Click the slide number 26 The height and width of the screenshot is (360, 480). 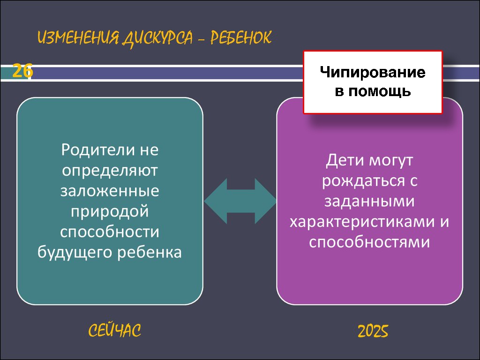pyautogui.click(x=22, y=71)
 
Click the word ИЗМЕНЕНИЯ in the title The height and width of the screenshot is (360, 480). pyautogui.click(x=78, y=38)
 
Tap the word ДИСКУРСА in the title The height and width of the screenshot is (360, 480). pyautogui.click(x=157, y=38)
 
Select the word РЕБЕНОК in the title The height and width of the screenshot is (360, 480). pyautogui.click(x=240, y=37)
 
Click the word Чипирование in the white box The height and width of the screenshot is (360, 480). pyautogui.click(x=373, y=73)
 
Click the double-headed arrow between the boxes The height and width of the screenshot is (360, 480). pyautogui.click(x=240, y=201)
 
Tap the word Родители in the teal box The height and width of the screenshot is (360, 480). pyautogui.click(x=98, y=150)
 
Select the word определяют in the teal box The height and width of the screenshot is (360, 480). pyautogui.click(x=110, y=171)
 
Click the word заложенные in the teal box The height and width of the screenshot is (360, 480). pyautogui.click(x=110, y=191)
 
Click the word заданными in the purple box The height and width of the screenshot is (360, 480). pyautogui.click(x=369, y=202)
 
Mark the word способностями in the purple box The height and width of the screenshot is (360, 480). pyautogui.click(x=369, y=242)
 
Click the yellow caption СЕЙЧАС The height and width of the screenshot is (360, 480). pyautogui.click(x=115, y=330)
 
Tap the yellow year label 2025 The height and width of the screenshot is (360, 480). pyautogui.click(x=373, y=331)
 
